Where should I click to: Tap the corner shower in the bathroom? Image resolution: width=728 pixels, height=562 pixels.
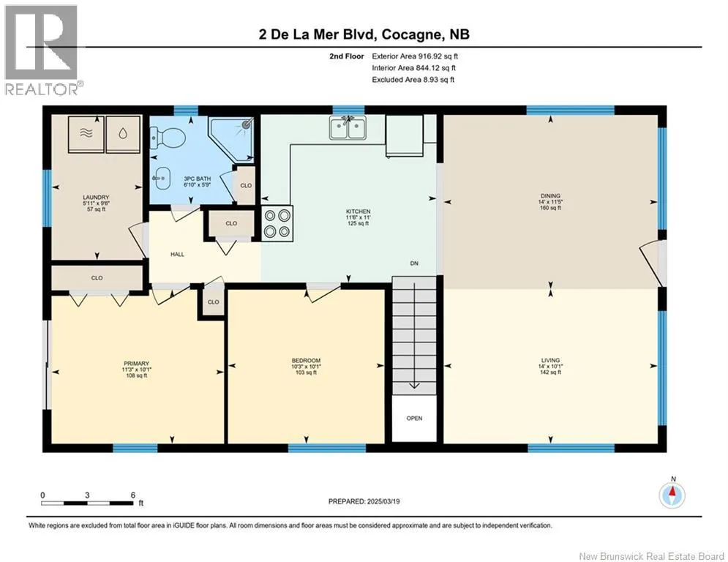pos(232,139)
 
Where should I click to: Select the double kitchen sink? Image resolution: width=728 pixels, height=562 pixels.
pos(348,127)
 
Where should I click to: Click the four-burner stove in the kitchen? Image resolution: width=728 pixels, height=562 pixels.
pos(277,223)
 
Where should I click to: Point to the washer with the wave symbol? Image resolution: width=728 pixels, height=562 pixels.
pos(86,134)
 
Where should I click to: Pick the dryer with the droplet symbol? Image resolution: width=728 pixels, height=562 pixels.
pos(123,134)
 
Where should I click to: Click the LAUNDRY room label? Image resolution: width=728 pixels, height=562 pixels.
pos(96,198)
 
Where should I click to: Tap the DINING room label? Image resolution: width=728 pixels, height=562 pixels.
pos(551,196)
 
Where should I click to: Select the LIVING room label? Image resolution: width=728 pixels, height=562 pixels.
pos(551,361)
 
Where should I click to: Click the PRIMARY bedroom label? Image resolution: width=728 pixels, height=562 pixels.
pos(137,364)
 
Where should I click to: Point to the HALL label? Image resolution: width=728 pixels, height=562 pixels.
pos(177,255)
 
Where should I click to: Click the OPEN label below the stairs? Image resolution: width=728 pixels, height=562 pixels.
pos(414,419)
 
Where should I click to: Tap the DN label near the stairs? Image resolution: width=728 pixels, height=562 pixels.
pos(414,263)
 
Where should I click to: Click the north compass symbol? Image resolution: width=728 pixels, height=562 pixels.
pos(672,495)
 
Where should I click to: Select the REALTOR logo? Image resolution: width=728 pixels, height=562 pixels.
pos(42,50)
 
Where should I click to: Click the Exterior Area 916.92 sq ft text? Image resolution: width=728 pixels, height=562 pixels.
pos(415,56)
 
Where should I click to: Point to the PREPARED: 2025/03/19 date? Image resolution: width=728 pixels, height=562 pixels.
pos(364,501)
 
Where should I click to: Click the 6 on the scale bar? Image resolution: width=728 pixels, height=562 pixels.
pos(132,495)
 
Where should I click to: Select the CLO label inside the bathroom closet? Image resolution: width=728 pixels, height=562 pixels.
pos(246,185)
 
